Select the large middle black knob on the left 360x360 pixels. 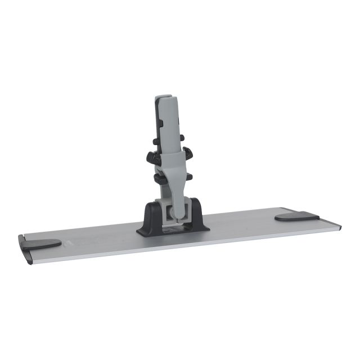(150, 157)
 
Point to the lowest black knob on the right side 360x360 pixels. (188, 176)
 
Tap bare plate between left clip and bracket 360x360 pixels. (96, 236)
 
